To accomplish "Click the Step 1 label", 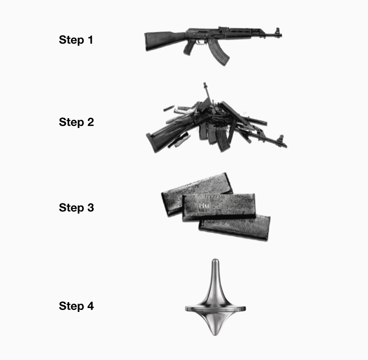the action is tap(76, 40).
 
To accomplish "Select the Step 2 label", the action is tap(76, 122).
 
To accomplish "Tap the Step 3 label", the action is tap(76, 208).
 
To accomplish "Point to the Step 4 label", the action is tap(76, 306).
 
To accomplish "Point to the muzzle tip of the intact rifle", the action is tap(281, 35).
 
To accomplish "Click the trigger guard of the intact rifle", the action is tap(200, 42).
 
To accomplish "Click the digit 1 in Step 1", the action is tap(90, 40).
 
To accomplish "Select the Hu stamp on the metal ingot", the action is tap(204, 206).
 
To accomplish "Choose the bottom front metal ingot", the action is tap(235, 228).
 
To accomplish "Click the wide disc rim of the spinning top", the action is tap(215, 309).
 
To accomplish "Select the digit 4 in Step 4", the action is tap(91, 306).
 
